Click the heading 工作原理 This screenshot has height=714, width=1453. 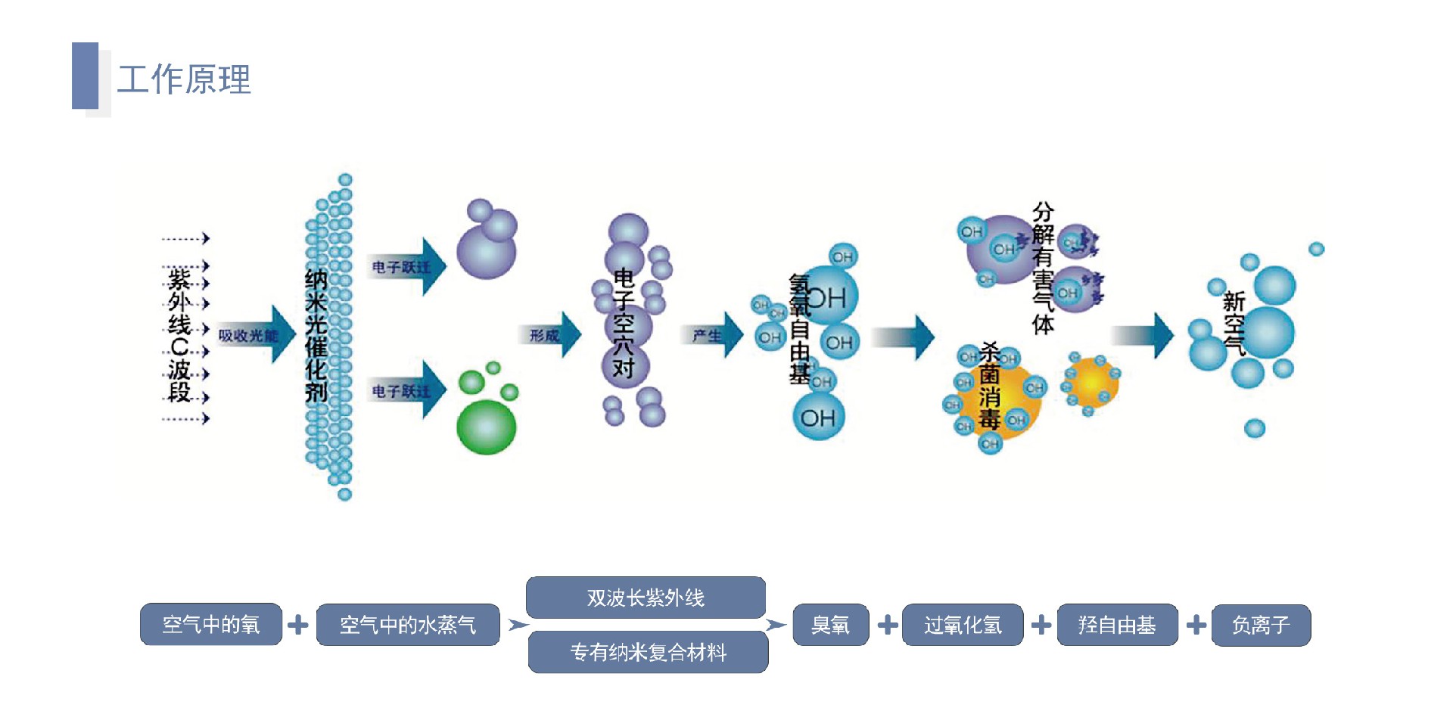(x=184, y=79)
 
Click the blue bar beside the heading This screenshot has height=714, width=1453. (x=85, y=76)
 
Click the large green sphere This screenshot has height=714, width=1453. (x=487, y=427)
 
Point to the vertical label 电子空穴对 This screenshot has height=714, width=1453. (x=624, y=323)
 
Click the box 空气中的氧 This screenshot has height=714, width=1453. (x=211, y=625)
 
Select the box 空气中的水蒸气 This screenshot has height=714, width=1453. (x=408, y=625)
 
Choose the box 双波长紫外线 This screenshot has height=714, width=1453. (x=646, y=598)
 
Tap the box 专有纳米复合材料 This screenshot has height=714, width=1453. (x=648, y=652)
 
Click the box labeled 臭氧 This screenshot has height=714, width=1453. (x=830, y=625)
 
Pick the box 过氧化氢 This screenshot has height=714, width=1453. (x=963, y=625)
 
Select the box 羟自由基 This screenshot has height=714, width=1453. (x=1117, y=625)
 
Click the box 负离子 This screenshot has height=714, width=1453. (x=1261, y=625)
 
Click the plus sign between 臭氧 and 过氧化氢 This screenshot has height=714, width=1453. (x=888, y=625)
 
